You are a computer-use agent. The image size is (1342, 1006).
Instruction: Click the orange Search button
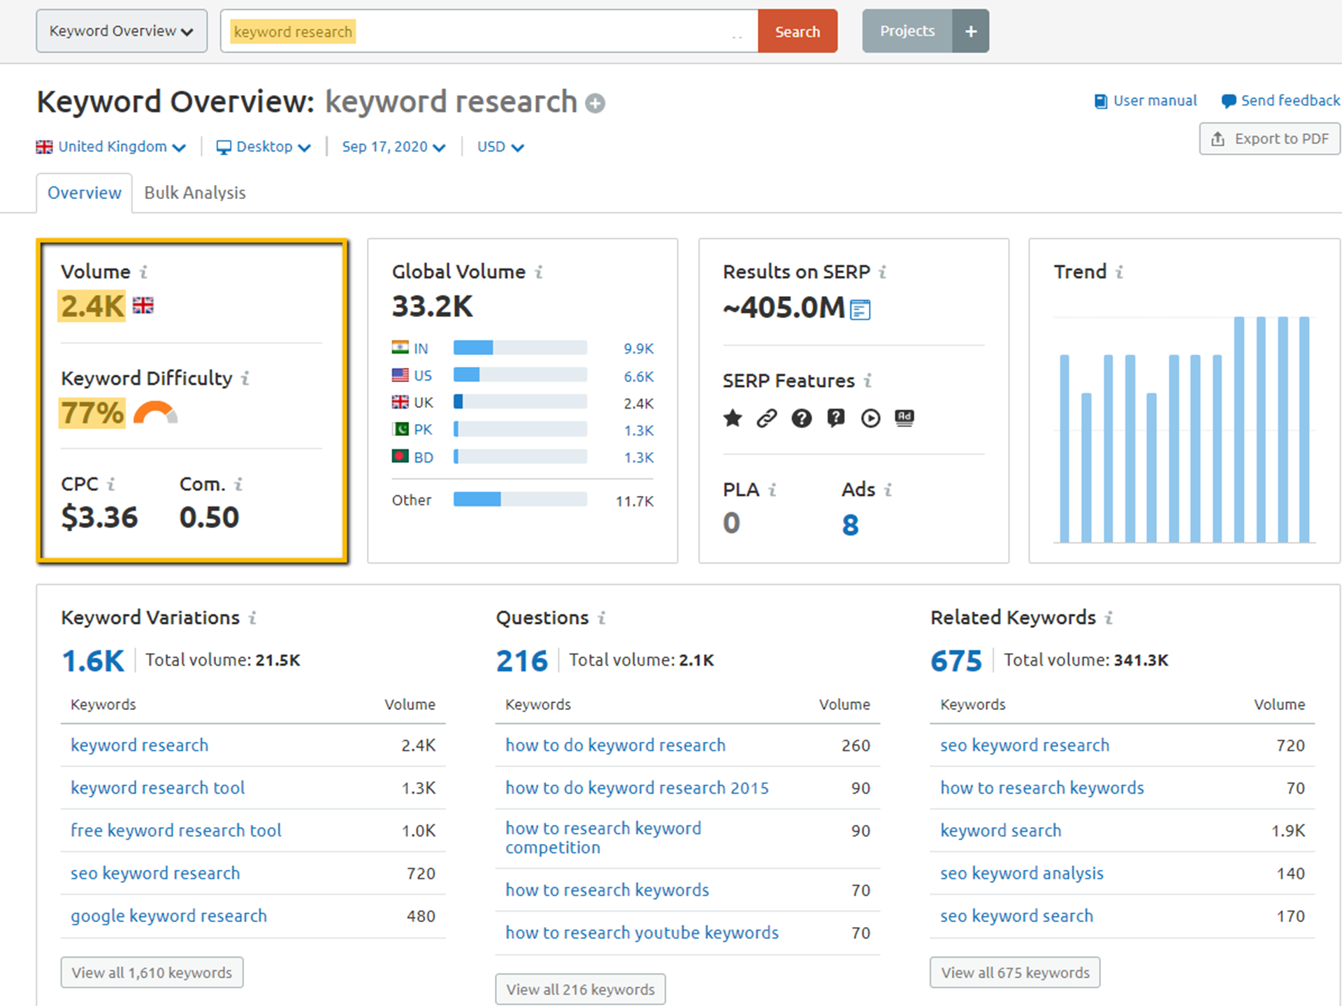coord(797,31)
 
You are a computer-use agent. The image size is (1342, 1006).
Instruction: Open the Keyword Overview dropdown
coord(121,31)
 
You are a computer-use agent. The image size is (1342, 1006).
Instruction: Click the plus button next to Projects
coord(970,31)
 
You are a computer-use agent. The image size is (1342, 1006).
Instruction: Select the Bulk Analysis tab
coord(194,193)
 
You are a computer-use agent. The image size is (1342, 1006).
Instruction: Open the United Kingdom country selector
coord(112,147)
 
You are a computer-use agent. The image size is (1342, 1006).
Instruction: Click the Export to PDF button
coord(1270,139)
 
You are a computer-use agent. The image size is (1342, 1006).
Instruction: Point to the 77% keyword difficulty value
coord(92,413)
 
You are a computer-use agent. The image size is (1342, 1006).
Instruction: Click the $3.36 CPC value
coord(99,517)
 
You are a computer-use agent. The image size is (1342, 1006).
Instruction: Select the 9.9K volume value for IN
coord(638,349)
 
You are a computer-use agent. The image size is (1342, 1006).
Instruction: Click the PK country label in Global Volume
coord(422,430)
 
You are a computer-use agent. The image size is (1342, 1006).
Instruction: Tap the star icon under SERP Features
coord(733,418)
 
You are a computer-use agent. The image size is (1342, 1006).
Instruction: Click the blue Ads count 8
coord(850,525)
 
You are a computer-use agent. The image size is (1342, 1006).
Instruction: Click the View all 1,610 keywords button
coord(152,972)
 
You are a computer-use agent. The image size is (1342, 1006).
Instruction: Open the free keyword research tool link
coord(175,831)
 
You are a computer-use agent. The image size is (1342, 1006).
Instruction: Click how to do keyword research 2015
coord(637,788)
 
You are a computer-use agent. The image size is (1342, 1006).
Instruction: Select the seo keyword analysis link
coord(1021,873)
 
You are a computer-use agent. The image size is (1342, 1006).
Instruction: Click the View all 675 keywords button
coord(1014,972)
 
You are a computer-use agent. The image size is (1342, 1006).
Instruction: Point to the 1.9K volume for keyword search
coord(1287,831)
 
